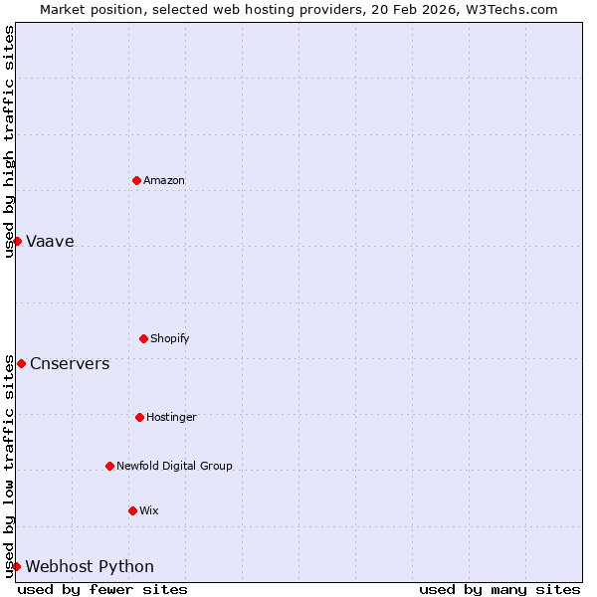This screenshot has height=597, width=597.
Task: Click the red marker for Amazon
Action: tap(136, 180)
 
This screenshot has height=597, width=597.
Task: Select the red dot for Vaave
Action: tap(17, 241)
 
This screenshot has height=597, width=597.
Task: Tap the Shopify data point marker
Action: tap(143, 338)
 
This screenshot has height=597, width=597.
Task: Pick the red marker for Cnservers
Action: tap(21, 363)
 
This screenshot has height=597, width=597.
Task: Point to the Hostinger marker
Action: tap(139, 417)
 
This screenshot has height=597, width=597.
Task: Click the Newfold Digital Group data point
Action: tap(109, 466)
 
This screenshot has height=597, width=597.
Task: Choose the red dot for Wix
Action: tap(132, 510)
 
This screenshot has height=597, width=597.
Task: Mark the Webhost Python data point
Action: tap(16, 566)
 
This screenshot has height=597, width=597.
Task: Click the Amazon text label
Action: tap(164, 180)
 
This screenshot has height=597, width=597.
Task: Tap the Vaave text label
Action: tap(50, 242)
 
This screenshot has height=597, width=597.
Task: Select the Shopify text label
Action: tap(169, 338)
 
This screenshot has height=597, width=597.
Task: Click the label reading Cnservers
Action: tap(70, 364)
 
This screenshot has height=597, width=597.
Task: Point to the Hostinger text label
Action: tap(171, 417)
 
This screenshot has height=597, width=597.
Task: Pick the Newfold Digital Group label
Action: tap(174, 466)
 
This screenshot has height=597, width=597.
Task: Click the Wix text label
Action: tap(148, 510)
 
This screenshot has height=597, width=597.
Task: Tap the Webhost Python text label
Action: tap(90, 567)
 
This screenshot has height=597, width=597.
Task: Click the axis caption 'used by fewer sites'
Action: tap(102, 589)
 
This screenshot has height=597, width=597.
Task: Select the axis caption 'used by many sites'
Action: tap(499, 589)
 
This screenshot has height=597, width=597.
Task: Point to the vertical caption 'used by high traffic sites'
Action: tap(9, 141)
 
